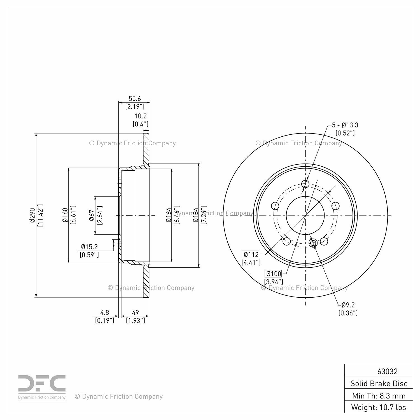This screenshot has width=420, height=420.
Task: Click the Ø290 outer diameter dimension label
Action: pyautogui.click(x=32, y=215)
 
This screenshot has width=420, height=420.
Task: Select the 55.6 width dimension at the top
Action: pyautogui.click(x=135, y=99)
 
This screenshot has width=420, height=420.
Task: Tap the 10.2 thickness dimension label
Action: pyautogui.click(x=141, y=116)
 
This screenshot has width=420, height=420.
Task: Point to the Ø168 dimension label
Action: pyautogui.click(x=65, y=215)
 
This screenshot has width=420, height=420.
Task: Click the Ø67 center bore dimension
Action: pyautogui.click(x=92, y=215)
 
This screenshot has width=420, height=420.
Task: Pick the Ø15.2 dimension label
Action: pyautogui.click(x=89, y=247)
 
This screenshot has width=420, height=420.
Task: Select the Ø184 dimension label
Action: pyautogui.click(x=196, y=215)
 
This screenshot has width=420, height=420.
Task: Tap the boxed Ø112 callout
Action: pyautogui.click(x=251, y=254)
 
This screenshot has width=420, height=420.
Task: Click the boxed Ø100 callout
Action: pyautogui.click(x=274, y=274)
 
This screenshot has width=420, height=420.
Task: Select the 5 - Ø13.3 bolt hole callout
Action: pyautogui.click(x=345, y=125)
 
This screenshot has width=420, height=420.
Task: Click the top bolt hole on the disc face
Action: pyautogui.click(x=305, y=184)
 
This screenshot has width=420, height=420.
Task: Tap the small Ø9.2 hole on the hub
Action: pyautogui.click(x=313, y=243)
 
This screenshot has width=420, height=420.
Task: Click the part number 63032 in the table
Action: pyautogui.click(x=387, y=371)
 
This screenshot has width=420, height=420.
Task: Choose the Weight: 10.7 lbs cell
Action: pyautogui.click(x=379, y=407)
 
